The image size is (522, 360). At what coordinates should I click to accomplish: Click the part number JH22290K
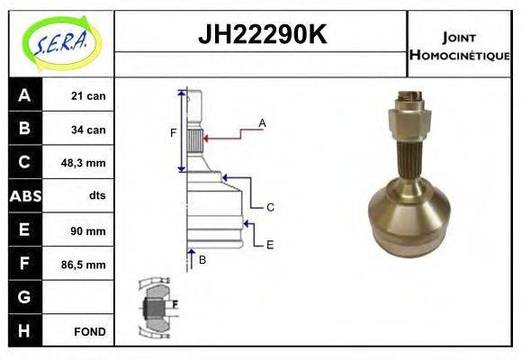point(261,35)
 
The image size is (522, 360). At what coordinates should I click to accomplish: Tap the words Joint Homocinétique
point(459,45)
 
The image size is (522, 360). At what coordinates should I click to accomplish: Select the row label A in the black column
point(24,95)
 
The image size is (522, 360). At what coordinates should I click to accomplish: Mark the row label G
point(24,297)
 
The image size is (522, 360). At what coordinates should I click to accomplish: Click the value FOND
point(90,331)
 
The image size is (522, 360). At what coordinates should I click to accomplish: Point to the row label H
point(24,331)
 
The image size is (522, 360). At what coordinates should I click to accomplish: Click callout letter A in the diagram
point(262,122)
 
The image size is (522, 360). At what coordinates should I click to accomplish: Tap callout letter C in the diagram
point(270,207)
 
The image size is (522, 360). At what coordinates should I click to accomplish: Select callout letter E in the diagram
point(270,244)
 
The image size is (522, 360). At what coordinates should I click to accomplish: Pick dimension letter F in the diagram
point(173,133)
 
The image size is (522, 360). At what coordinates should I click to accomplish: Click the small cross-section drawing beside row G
point(158,305)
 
